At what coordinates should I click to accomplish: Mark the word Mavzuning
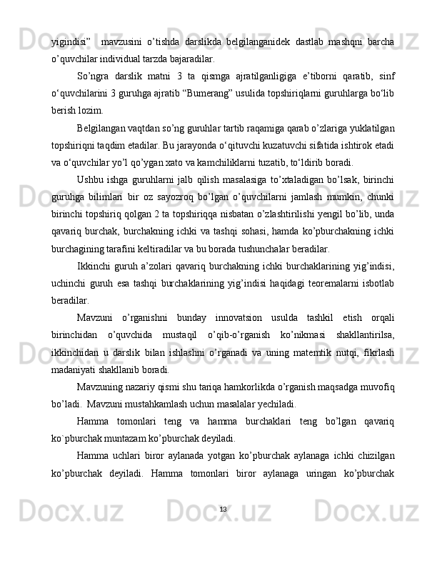(x=102, y=388)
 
